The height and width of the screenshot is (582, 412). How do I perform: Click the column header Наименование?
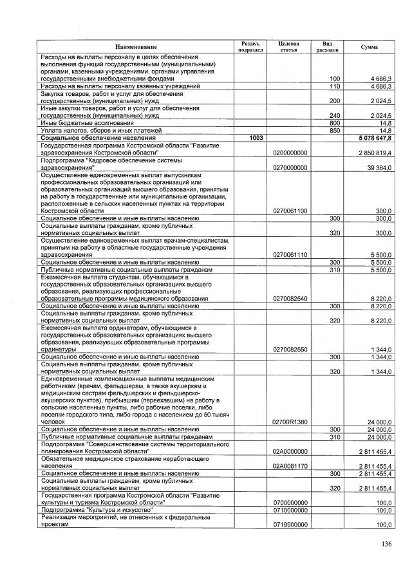(136, 48)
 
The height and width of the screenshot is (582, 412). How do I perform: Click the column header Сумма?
(370, 48)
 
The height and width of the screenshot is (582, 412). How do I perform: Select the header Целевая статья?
(289, 47)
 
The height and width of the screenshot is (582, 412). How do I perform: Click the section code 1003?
(256, 138)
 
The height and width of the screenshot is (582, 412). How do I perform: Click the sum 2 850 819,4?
(375, 153)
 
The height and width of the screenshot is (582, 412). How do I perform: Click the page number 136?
(386, 544)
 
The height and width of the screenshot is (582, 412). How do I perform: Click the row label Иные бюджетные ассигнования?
(87, 122)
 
